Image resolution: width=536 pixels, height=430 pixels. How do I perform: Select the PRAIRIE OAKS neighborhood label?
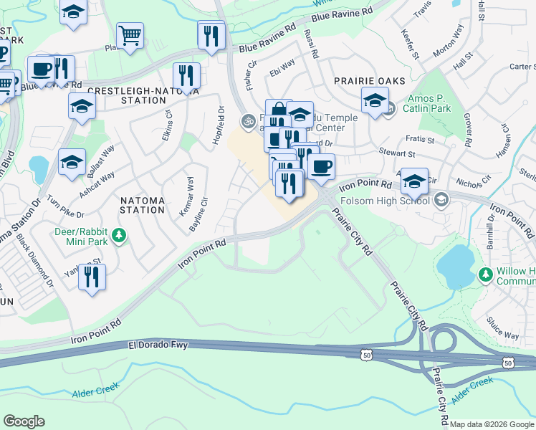pyautogui.click(x=368, y=81)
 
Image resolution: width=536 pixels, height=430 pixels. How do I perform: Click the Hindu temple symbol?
pyautogui.click(x=248, y=121)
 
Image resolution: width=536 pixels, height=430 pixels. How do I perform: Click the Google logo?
pyautogui.click(x=24, y=421)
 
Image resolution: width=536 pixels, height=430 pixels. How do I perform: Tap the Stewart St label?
pyautogui.click(x=397, y=153)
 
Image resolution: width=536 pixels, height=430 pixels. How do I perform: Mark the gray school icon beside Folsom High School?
pyautogui.click(x=442, y=200)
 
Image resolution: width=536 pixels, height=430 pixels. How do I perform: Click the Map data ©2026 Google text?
pyautogui.click(x=492, y=424)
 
